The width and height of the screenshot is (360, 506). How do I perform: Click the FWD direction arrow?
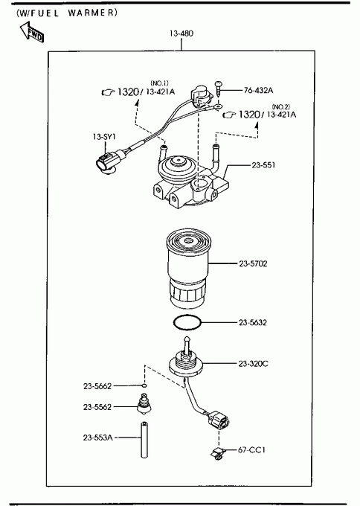tap(31, 31)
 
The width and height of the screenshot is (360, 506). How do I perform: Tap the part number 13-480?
tap(181, 33)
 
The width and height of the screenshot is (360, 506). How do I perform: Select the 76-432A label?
tap(258, 90)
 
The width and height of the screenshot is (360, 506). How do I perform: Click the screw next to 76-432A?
tap(219, 88)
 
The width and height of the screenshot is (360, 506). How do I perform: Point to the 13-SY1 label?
tap(104, 137)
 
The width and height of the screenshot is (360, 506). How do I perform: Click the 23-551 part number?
tap(263, 165)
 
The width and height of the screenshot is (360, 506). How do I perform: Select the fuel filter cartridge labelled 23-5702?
tap(188, 269)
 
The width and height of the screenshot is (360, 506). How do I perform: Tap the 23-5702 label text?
tap(253, 263)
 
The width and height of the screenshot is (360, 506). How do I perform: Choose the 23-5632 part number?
tap(253, 322)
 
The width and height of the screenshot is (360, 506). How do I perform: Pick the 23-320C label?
tap(253, 364)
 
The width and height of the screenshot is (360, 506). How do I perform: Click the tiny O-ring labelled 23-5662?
tap(144, 385)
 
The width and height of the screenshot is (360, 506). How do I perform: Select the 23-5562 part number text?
tap(97, 407)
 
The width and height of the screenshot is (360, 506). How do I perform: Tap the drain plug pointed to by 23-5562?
tap(144, 403)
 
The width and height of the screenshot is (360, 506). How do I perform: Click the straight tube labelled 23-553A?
tap(144, 439)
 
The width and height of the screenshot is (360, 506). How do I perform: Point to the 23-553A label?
tap(97, 438)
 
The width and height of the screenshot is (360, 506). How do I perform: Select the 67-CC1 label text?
tap(251, 449)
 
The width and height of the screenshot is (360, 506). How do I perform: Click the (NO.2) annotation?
tap(281, 107)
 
